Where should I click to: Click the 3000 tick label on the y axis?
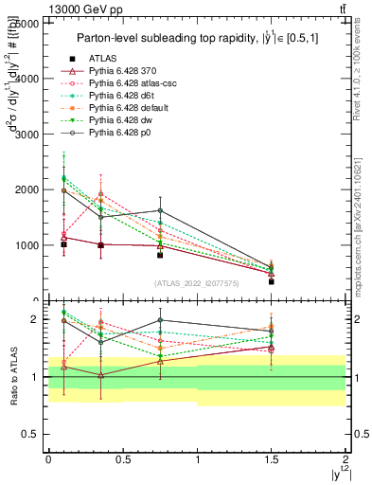tap(27, 135)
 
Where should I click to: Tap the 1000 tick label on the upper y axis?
tap(27, 245)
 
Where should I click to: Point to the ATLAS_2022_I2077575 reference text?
tap(198, 282)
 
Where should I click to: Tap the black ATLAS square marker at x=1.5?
tap(272, 281)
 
